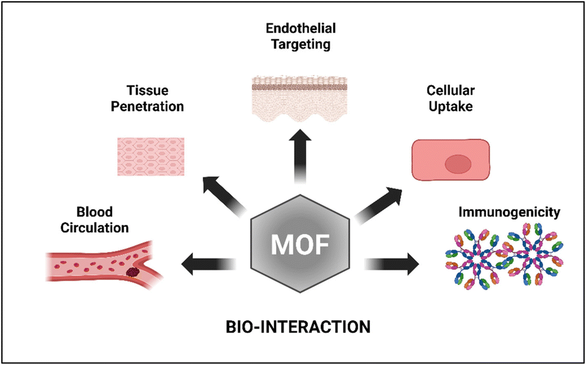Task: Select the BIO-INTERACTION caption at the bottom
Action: (x=298, y=327)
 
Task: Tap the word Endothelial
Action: (x=301, y=28)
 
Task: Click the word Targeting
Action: (x=301, y=44)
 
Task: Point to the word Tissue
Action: (x=147, y=90)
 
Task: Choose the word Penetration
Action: (x=147, y=107)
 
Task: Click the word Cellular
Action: (x=451, y=90)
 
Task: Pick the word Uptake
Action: (x=451, y=107)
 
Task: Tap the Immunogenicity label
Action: (x=509, y=212)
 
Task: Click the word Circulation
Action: (x=95, y=227)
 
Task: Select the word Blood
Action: (x=95, y=212)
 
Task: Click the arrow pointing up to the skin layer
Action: (x=300, y=156)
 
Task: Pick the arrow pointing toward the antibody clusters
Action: (x=391, y=264)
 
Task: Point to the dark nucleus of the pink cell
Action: (x=458, y=165)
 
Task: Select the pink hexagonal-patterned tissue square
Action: (x=151, y=157)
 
